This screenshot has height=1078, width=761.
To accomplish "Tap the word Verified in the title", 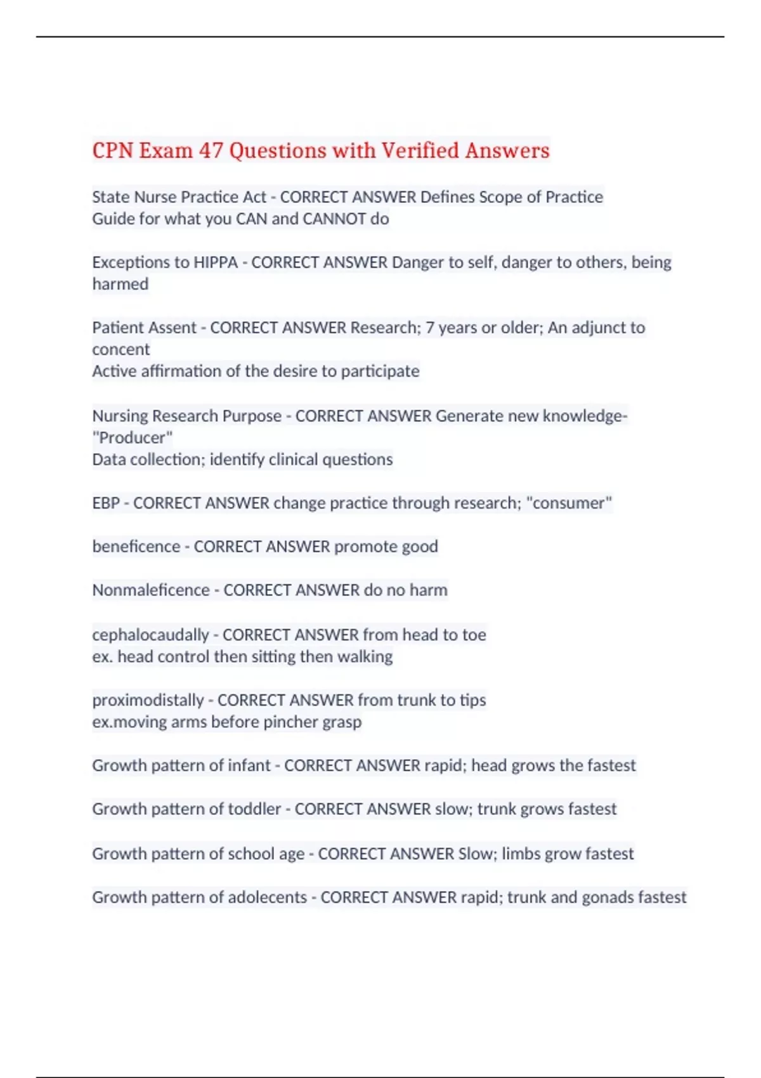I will point(420,151).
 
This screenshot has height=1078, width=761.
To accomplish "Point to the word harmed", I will point(120,284).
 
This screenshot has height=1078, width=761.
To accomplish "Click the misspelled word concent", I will point(121,349).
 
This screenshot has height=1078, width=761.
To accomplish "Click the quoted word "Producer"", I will point(133,438).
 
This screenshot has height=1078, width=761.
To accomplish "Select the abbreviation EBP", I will point(106,503).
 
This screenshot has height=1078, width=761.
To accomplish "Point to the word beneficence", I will point(136,547).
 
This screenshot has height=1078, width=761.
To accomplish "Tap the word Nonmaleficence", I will point(151,590).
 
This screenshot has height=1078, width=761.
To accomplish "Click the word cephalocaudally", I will point(151,635).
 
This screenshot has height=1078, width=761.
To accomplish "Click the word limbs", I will point(521,854).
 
